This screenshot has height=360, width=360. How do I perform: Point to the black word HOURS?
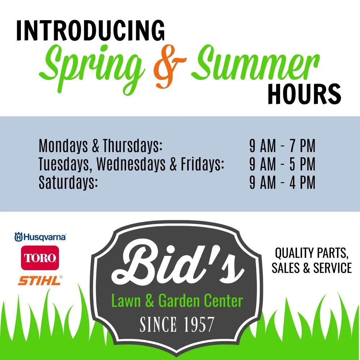click(304, 94)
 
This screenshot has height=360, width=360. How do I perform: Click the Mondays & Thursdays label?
click(101, 146)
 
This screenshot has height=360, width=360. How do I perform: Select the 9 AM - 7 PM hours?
click(282, 146)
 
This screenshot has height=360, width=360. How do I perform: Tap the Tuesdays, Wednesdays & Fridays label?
click(131, 165)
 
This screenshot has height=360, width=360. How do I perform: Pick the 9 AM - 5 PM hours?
click(282, 165)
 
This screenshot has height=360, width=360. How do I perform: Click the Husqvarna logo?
click(40, 237)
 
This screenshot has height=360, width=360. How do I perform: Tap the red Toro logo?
click(40, 258)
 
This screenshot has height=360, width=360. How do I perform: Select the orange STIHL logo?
click(40, 280)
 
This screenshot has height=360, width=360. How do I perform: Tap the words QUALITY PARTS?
click(311, 253)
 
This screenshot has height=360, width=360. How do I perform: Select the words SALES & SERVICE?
click(311, 268)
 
